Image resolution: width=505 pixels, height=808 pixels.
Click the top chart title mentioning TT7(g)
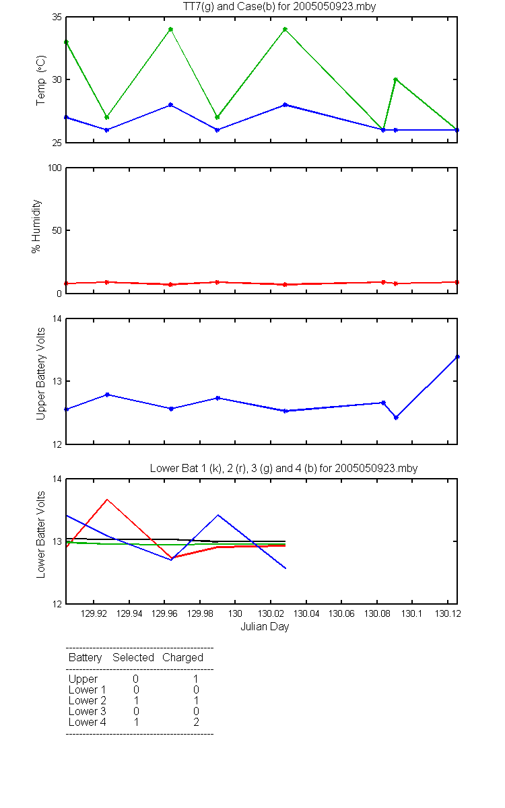pos(279,7)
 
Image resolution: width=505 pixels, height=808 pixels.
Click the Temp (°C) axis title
pos(41,80)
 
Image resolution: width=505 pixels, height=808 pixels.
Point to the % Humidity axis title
pos(36,226)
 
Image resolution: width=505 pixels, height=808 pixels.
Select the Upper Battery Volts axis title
pos(41,374)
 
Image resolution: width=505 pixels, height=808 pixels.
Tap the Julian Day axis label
pos(265,627)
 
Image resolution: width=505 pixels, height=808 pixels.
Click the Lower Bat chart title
pos(283,468)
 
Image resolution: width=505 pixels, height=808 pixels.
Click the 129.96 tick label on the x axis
pos(164,613)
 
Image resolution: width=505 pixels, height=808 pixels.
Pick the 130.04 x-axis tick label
pos(306,613)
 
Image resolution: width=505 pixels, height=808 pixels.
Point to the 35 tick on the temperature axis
pos(57,18)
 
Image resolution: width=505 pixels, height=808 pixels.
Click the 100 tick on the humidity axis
pos(55,168)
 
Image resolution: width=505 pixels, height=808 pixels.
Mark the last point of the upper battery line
pos(457,357)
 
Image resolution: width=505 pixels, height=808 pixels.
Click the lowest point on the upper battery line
pos(396,417)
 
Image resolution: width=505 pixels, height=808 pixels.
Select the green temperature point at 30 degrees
pos(395,79)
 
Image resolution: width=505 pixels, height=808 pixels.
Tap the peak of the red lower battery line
pos(107,500)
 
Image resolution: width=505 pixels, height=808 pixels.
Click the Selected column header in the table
pos(133,658)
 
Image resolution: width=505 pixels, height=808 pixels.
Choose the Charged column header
pos(182,658)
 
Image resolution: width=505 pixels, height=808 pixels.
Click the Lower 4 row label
pos(88,722)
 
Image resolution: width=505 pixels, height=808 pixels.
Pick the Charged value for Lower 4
pos(196,722)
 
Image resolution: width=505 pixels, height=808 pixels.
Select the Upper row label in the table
pos(83,679)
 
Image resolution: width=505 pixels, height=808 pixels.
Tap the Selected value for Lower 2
pos(136,700)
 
